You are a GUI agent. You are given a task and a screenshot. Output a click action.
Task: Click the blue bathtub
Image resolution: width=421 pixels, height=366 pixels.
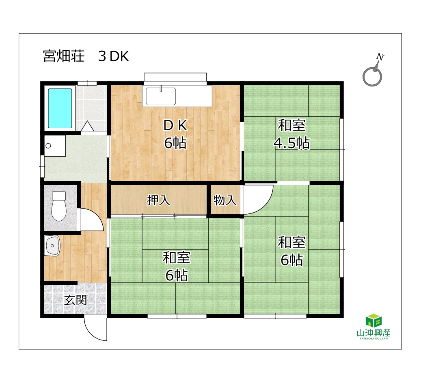pos(60,108)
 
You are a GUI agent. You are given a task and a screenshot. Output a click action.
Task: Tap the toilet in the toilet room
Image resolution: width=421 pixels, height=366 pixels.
pos(59,206)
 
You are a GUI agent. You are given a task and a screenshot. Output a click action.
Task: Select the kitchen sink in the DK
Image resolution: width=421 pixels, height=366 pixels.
pos(160,96)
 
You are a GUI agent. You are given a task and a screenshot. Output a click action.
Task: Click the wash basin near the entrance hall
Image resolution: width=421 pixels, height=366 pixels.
pos(52,246)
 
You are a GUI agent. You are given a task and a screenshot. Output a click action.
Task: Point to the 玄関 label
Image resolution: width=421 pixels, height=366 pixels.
pos(76,300)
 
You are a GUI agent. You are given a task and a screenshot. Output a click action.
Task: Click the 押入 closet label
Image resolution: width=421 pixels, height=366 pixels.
pos(158,200)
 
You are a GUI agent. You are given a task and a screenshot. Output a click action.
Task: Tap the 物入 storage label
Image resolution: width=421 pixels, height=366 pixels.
pos(225,200)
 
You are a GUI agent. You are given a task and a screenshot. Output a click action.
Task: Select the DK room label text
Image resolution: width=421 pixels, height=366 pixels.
pos(175,125)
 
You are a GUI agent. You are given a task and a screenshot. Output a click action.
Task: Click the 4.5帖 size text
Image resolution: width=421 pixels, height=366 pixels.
pos(292,143)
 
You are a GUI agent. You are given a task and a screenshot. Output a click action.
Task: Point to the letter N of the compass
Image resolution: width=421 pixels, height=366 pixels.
pos(380,57)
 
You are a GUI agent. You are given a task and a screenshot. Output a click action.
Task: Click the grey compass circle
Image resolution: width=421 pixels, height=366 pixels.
pos(372,77)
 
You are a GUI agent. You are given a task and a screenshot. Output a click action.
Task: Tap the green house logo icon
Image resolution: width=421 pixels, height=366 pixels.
pos(374,321)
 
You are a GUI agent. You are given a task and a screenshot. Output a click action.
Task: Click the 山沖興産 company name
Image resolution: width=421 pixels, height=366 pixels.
pos(374,333)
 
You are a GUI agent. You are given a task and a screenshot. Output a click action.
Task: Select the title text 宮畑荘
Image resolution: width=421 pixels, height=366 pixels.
pos(64,56)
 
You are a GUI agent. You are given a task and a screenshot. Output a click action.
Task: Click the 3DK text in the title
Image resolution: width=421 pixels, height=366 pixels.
pos(114,56)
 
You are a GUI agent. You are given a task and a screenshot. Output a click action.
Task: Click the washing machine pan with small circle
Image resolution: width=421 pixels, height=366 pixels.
pos(55,146)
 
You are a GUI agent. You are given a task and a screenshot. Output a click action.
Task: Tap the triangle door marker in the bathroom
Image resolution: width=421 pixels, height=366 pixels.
pos(87,126)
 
